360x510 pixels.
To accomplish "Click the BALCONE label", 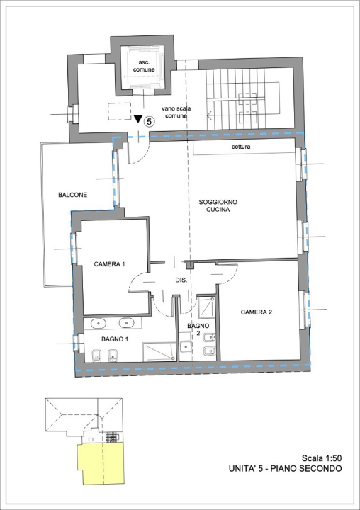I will (72, 195).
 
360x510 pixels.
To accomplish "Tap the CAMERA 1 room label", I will (109, 264).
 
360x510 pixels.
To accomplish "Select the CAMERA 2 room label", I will (256, 312).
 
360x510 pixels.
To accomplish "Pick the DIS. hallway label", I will (181, 280).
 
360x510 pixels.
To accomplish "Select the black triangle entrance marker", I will (138, 120).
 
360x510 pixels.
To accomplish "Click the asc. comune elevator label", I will (145, 66).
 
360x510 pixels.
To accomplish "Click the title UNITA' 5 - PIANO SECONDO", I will (286, 469).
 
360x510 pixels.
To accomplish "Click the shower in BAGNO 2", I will (206, 307).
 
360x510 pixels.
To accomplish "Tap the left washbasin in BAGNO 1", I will (99, 323).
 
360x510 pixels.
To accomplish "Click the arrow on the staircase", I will (210, 113).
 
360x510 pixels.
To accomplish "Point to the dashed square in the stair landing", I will (118, 112).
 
